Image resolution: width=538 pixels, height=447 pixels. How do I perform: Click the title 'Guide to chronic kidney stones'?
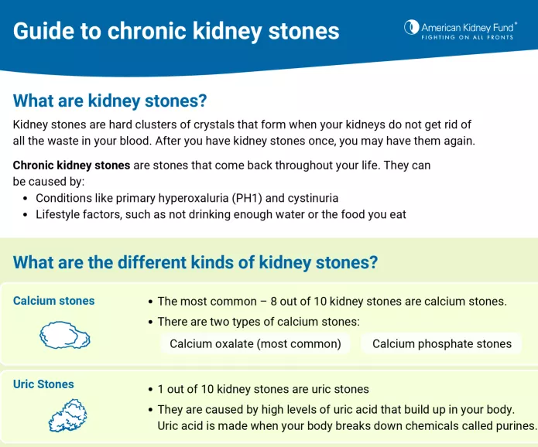point(176,31)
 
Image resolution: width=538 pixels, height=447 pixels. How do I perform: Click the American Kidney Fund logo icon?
point(411,28)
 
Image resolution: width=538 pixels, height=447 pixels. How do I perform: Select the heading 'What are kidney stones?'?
point(110,101)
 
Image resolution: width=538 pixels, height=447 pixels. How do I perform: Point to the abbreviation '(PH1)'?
point(237,198)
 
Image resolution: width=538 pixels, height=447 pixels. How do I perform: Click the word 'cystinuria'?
point(310,198)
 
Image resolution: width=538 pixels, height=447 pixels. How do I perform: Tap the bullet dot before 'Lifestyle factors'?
point(24,214)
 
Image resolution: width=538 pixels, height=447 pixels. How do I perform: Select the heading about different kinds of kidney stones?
point(195,262)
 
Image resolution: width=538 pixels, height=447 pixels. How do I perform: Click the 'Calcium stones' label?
point(54,301)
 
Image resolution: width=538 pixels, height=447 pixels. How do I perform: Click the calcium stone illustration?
point(65,335)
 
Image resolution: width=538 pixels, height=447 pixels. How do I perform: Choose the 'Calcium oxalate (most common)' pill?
point(255,343)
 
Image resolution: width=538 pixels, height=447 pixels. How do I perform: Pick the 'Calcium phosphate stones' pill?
point(442,343)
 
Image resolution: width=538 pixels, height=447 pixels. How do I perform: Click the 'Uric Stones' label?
point(43,384)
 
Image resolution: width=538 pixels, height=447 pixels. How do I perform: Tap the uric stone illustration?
point(68,415)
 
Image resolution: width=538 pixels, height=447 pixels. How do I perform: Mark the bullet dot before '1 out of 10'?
point(149,390)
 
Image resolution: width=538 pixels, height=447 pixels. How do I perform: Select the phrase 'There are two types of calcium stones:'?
point(259,322)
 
